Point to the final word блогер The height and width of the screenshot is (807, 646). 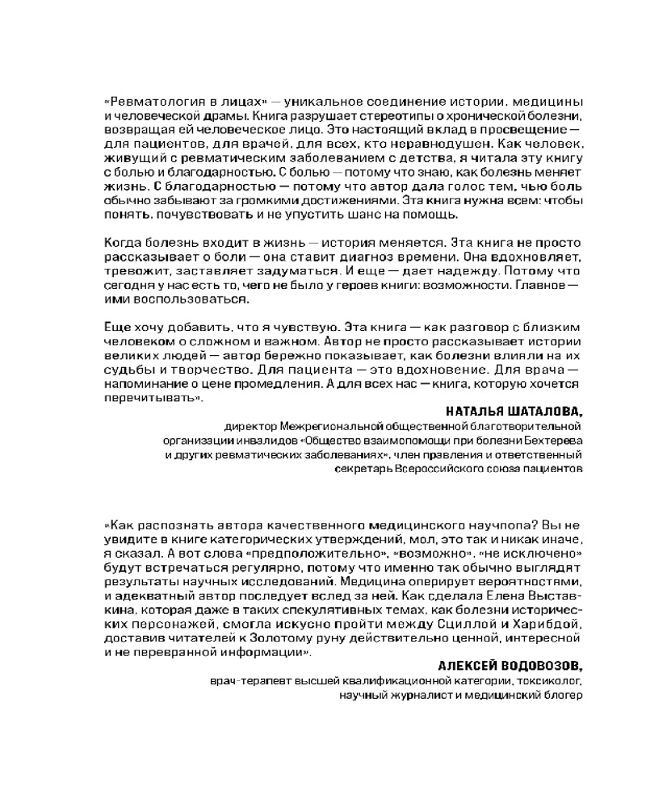(x=564, y=695)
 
